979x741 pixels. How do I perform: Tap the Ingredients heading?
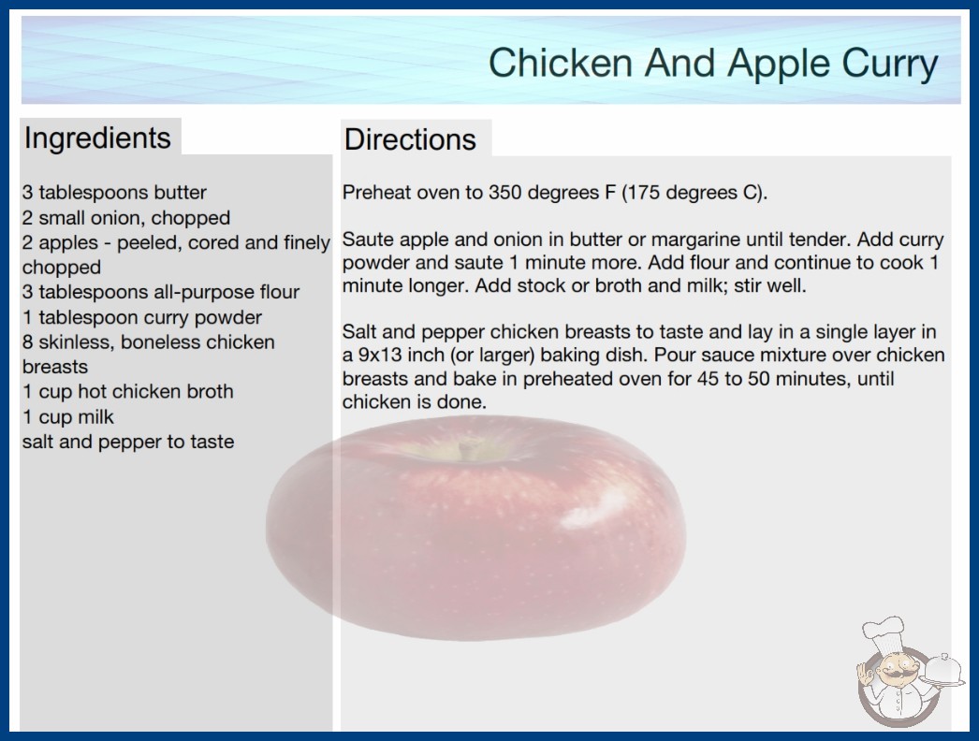click(x=97, y=138)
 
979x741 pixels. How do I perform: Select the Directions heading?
click(x=410, y=139)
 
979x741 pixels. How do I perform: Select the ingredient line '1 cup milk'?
click(x=68, y=416)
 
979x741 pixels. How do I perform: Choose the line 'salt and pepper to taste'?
click(x=128, y=442)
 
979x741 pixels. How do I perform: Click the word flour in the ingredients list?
click(x=278, y=292)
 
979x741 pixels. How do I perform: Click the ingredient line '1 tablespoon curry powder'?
click(x=141, y=318)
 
